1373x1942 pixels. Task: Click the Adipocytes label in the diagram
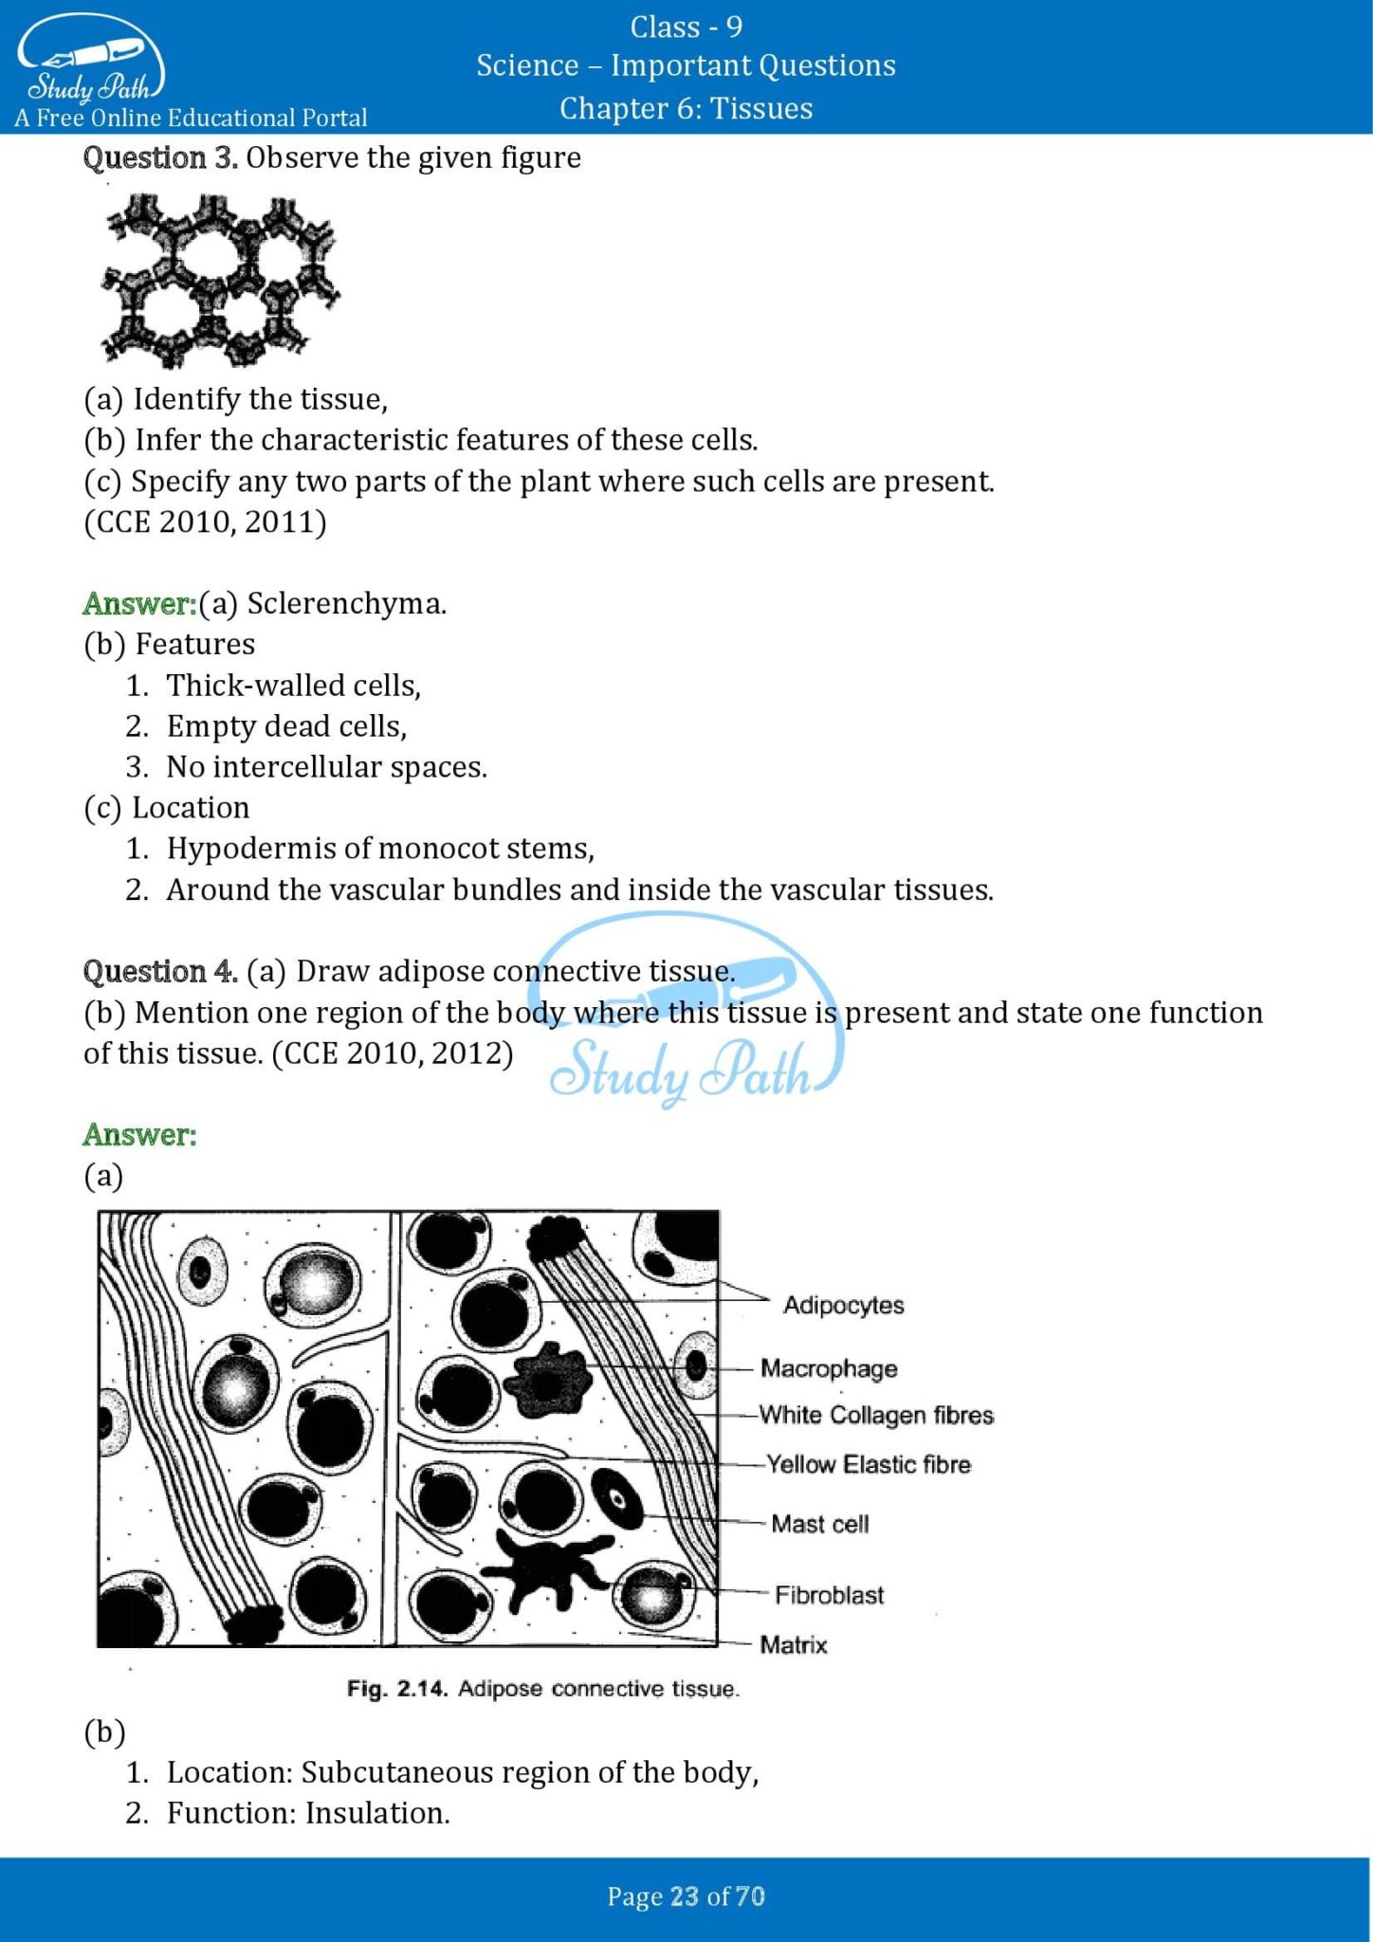pos(843,1305)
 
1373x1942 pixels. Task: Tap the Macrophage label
pos(829,1368)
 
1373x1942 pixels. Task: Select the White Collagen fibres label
pos(876,1415)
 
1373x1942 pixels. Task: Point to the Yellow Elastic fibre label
pos(868,1464)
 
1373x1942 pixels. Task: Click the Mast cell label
pos(819,1524)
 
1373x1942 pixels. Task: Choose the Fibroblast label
pos(829,1595)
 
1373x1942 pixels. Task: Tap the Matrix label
pos(794,1644)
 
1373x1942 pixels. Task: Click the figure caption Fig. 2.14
pos(396,1689)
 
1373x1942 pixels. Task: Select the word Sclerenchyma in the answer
pos(345,604)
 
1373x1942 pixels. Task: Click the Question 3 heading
pos(159,157)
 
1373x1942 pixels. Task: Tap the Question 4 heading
pos(159,971)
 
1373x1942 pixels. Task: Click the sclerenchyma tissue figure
pos(220,281)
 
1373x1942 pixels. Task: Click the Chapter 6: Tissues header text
pos(686,108)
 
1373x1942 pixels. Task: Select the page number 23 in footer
pos(684,1896)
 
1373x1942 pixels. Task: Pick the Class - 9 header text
pos(686,27)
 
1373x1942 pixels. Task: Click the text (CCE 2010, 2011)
pos(205,522)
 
